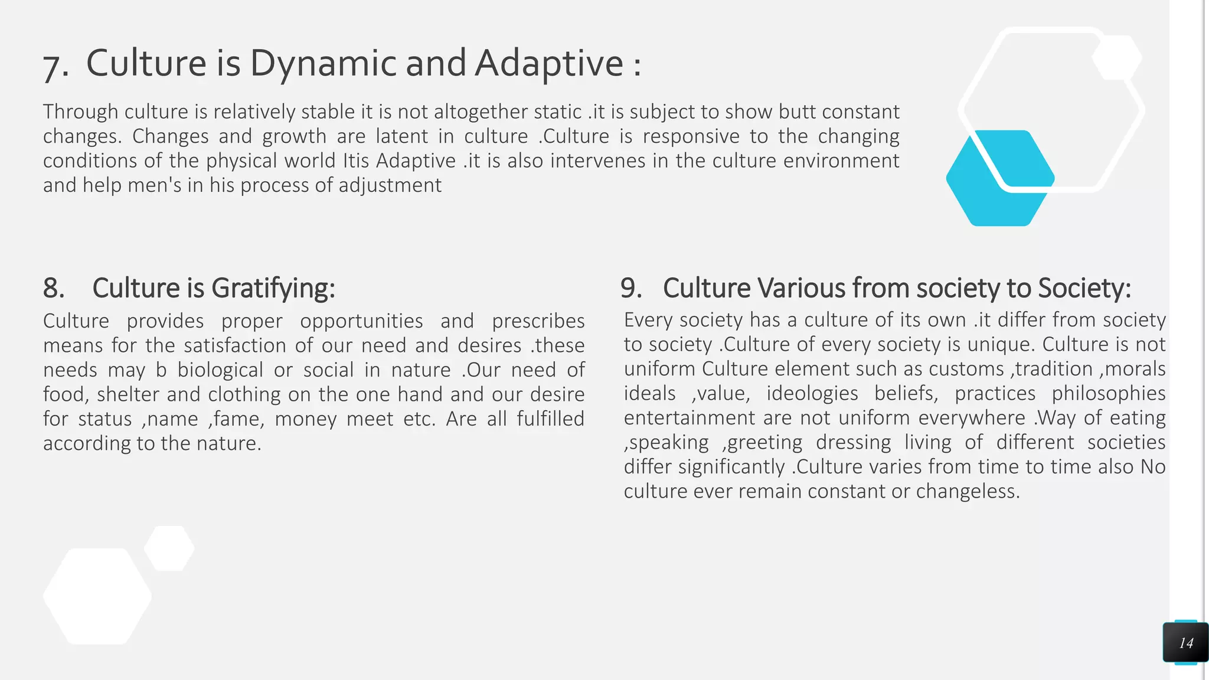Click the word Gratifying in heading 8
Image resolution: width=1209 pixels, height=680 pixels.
click(273, 289)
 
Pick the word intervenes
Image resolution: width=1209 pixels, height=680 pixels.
click(597, 161)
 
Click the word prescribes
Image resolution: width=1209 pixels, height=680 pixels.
click(538, 321)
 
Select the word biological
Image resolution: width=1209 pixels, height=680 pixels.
click(220, 370)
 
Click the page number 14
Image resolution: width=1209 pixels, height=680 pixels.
click(1185, 643)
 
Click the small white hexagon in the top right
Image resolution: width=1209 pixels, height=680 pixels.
click(1116, 58)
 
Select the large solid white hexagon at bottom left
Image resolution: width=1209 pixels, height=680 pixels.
click(97, 596)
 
